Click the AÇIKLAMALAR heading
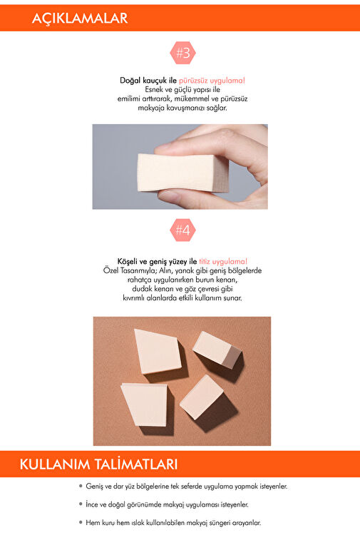[80, 18]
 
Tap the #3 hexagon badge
[182, 53]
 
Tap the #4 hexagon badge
[182, 230]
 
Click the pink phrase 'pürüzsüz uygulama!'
[212, 81]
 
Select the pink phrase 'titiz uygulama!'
[223, 261]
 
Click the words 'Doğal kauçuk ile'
[148, 81]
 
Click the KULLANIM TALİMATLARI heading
[98, 464]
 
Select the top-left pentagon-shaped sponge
[158, 351]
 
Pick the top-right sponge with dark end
[217, 348]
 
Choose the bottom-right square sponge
[201, 397]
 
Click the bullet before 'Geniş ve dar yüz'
[81, 486]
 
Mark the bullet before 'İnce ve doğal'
[81, 504]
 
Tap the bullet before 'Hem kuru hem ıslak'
[81, 522]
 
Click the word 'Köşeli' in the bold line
[128, 261]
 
